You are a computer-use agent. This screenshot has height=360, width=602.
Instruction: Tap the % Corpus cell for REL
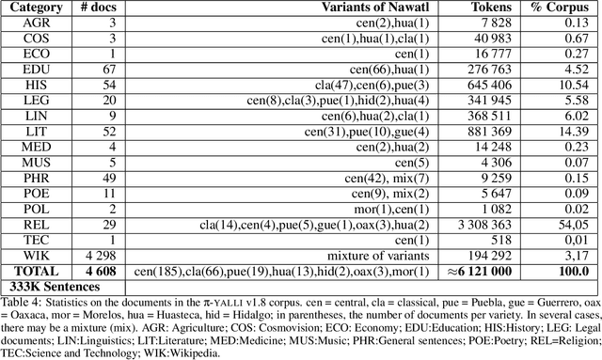[569, 226]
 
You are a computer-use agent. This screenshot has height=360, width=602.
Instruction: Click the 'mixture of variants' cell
[371, 256]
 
